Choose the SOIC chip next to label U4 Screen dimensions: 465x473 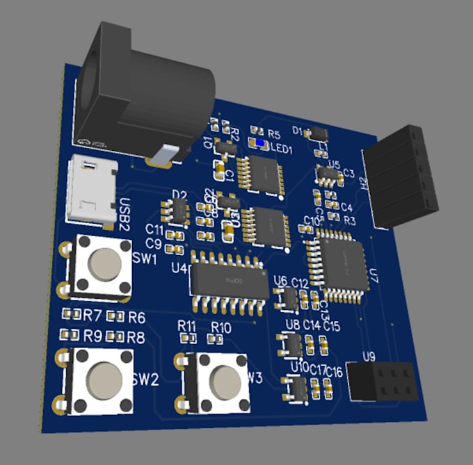(227, 280)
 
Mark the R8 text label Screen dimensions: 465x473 (136, 337)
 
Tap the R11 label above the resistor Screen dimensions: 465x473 (187, 325)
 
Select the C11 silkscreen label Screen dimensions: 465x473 (154, 229)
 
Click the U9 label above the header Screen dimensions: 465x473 (369, 357)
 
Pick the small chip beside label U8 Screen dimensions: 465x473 (289, 344)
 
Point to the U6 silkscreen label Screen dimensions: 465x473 (280, 281)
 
